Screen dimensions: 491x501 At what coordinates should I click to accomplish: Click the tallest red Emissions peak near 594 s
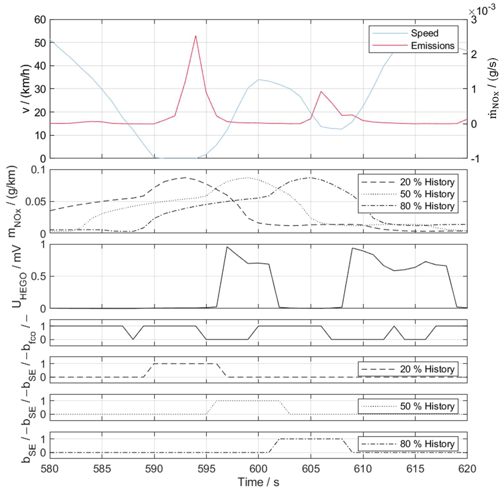coord(195,36)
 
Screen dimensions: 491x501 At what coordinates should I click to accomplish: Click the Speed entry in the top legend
coord(424,33)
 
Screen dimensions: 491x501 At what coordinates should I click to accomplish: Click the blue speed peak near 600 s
coord(259,79)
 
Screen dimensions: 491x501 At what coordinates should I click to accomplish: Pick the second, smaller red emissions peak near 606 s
coord(321,91)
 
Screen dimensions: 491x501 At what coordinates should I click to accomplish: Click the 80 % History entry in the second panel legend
coord(427,206)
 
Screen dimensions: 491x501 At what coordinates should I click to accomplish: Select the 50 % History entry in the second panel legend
coord(427,194)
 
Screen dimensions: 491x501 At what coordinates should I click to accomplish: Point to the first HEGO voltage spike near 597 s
coord(227,247)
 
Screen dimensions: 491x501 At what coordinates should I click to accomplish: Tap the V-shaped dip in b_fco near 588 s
coord(133,339)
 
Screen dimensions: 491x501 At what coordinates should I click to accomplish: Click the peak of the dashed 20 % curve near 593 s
coord(185,177)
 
